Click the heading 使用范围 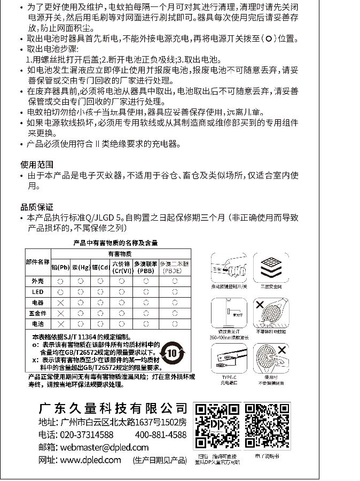37,165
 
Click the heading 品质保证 37,207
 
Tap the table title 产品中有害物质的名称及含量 116,243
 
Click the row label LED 37,292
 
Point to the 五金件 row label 37,313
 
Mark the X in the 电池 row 60,324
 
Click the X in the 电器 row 60,302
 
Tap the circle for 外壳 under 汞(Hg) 80,281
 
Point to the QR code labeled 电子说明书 268,425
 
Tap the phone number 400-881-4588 161,435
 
